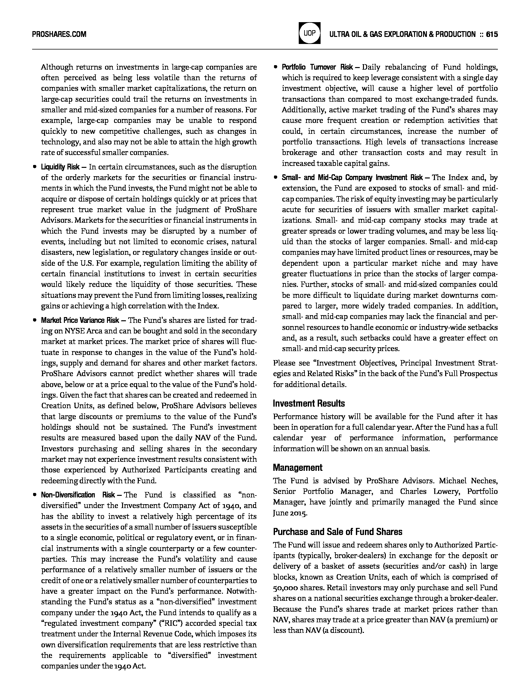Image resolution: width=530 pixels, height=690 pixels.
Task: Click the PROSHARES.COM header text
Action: [59, 34]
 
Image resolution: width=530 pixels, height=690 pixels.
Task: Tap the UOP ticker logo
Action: [309, 33]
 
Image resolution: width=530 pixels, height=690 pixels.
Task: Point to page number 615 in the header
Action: [492, 34]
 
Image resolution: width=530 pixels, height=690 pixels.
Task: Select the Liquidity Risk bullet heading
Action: [60, 167]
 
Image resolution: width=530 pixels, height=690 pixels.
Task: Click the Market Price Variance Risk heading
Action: [80, 320]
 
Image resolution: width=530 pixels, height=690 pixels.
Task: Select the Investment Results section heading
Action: [309, 403]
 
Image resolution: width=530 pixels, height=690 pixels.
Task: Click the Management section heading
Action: [297, 468]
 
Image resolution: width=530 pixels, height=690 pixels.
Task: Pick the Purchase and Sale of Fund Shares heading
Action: [337, 532]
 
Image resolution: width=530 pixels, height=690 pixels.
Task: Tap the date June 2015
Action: [290, 513]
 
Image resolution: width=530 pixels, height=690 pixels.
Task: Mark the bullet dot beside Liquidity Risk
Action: [34, 167]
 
